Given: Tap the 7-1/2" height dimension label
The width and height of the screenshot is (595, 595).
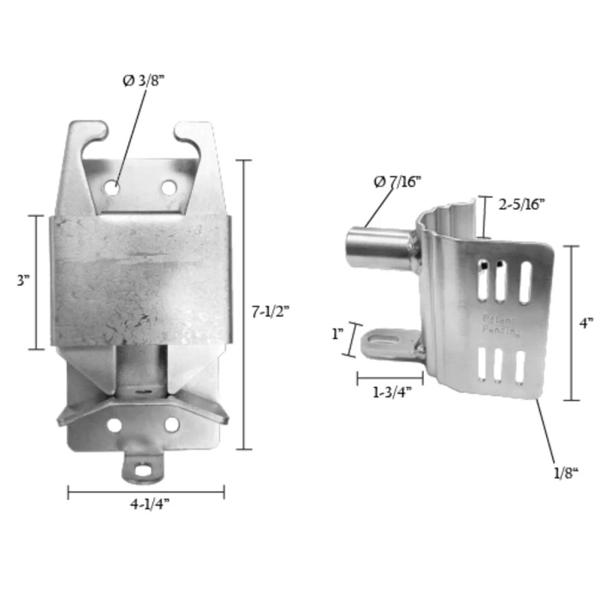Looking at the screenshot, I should point(270,310).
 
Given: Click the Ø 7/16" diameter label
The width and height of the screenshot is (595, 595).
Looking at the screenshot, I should point(396,181).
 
